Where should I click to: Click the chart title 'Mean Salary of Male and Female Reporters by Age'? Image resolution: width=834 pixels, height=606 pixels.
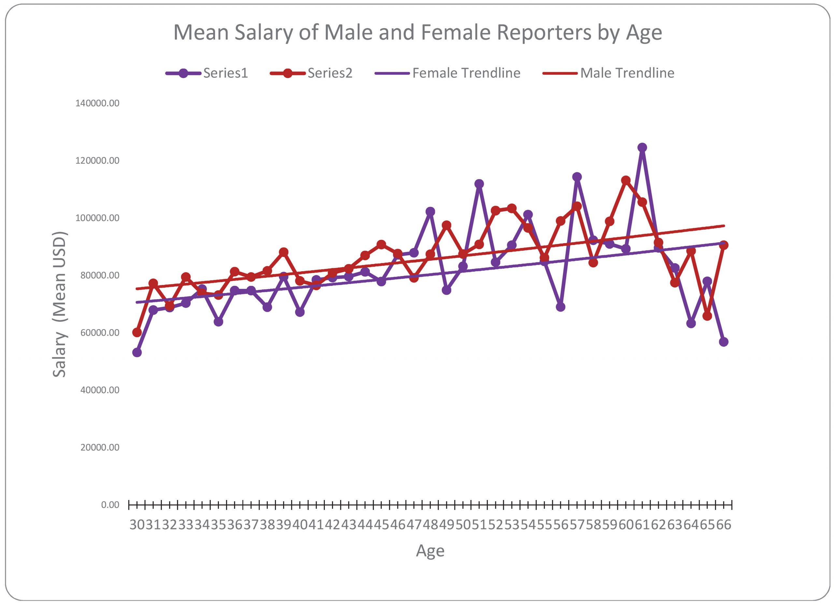pyautogui.click(x=417, y=32)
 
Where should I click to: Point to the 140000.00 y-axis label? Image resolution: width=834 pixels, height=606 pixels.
pyautogui.click(x=97, y=103)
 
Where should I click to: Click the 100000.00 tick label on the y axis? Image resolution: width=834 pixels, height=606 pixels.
pyautogui.click(x=97, y=218)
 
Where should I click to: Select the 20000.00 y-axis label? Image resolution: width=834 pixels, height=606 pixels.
pyautogui.click(x=99, y=448)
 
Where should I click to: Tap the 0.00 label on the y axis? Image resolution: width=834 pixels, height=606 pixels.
pyautogui.click(x=110, y=505)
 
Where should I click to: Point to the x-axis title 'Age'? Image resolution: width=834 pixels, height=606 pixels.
pyautogui.click(x=430, y=551)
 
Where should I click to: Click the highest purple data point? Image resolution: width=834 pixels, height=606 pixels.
pyautogui.click(x=642, y=148)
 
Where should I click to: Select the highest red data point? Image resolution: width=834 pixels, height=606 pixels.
pyautogui.click(x=626, y=180)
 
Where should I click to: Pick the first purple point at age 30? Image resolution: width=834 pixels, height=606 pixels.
pyautogui.click(x=137, y=352)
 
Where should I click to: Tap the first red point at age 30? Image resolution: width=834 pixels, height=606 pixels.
pyautogui.click(x=137, y=332)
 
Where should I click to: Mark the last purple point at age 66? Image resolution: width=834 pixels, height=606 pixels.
pyautogui.click(x=724, y=342)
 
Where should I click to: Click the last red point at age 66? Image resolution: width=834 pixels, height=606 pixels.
pyautogui.click(x=724, y=245)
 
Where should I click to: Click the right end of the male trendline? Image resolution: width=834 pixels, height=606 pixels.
pyautogui.click(x=724, y=226)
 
